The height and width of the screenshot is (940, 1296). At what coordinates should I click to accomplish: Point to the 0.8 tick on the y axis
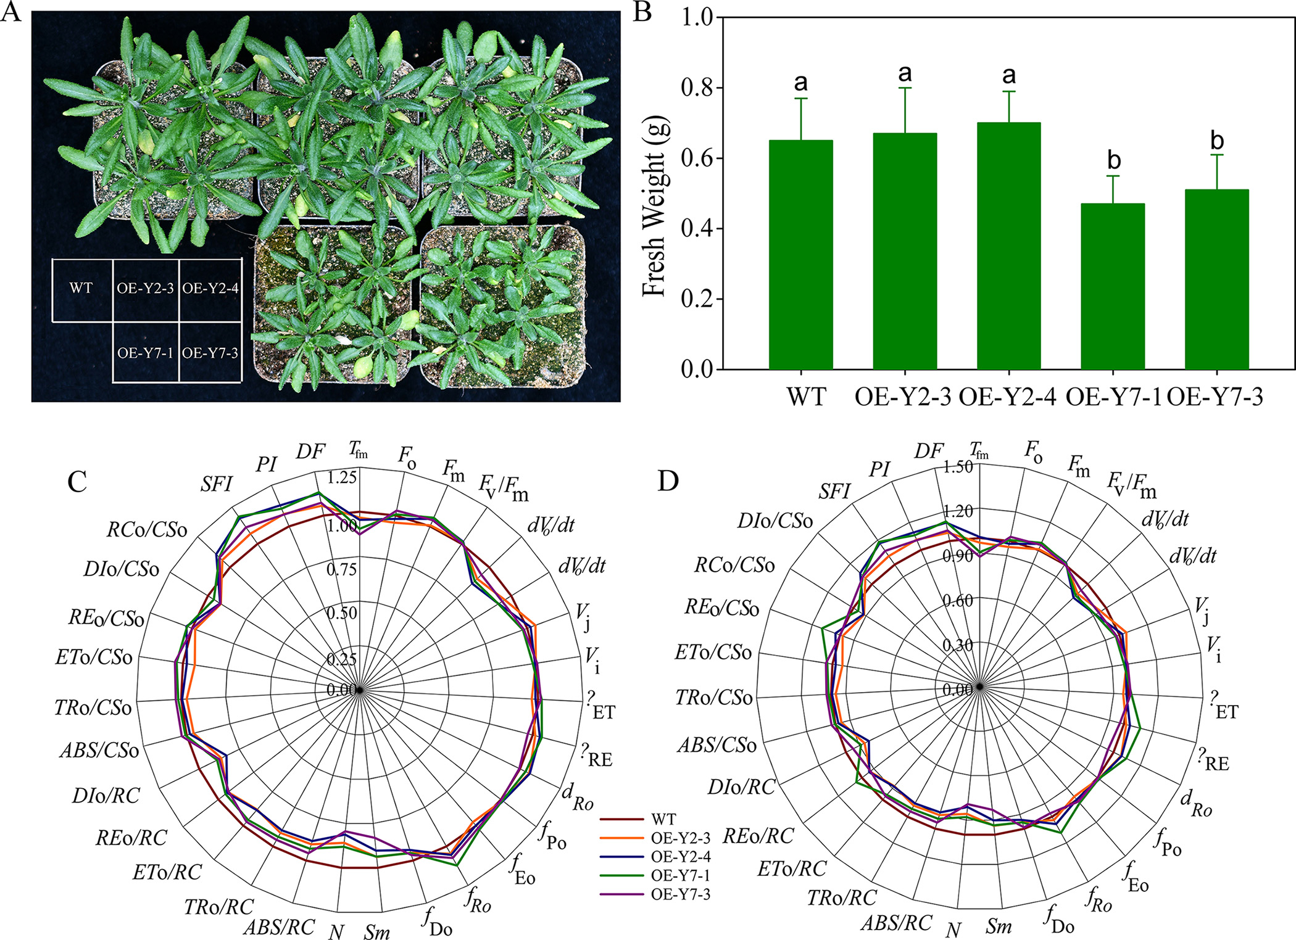697,88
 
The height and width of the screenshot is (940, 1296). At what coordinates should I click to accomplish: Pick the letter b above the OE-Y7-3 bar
1216,141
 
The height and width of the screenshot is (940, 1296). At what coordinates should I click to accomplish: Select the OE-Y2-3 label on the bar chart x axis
903,397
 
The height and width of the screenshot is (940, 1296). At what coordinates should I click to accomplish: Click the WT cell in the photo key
81,289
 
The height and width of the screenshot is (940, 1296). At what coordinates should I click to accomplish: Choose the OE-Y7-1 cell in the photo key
145,353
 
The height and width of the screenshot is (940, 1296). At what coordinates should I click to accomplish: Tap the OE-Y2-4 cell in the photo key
210,289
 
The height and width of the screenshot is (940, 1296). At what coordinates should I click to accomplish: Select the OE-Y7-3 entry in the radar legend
680,894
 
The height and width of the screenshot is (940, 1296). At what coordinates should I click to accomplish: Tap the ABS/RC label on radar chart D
896,923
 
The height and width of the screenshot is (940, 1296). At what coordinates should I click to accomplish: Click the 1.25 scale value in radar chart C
342,477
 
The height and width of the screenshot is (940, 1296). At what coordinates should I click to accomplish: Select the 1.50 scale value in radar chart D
958,467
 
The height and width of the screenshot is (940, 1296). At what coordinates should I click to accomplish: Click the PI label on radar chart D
879,470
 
